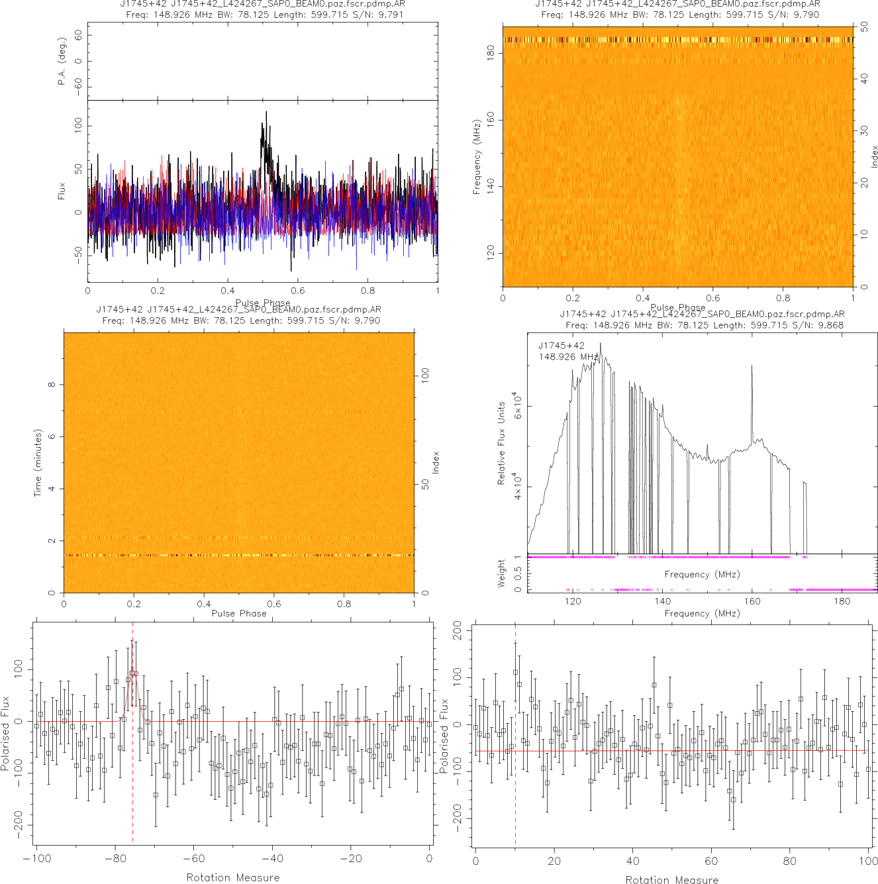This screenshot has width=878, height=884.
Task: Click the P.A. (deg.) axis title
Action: (62, 62)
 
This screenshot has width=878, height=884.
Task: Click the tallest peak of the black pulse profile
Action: (266, 113)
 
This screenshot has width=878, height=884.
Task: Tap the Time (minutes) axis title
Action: (38, 463)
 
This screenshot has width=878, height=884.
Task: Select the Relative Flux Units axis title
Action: (501, 443)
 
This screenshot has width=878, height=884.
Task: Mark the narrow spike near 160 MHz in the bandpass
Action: (752, 368)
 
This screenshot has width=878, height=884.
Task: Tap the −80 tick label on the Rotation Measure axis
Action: (114, 859)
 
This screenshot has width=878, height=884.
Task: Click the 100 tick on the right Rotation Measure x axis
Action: (868, 861)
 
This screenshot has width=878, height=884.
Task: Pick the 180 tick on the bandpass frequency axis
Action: (842, 601)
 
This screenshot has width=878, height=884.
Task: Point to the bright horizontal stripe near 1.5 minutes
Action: (238, 555)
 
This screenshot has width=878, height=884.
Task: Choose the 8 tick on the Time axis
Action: (52, 385)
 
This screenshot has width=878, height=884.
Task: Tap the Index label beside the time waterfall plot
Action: (436, 462)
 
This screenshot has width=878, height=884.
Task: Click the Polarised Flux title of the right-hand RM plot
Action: (444, 735)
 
